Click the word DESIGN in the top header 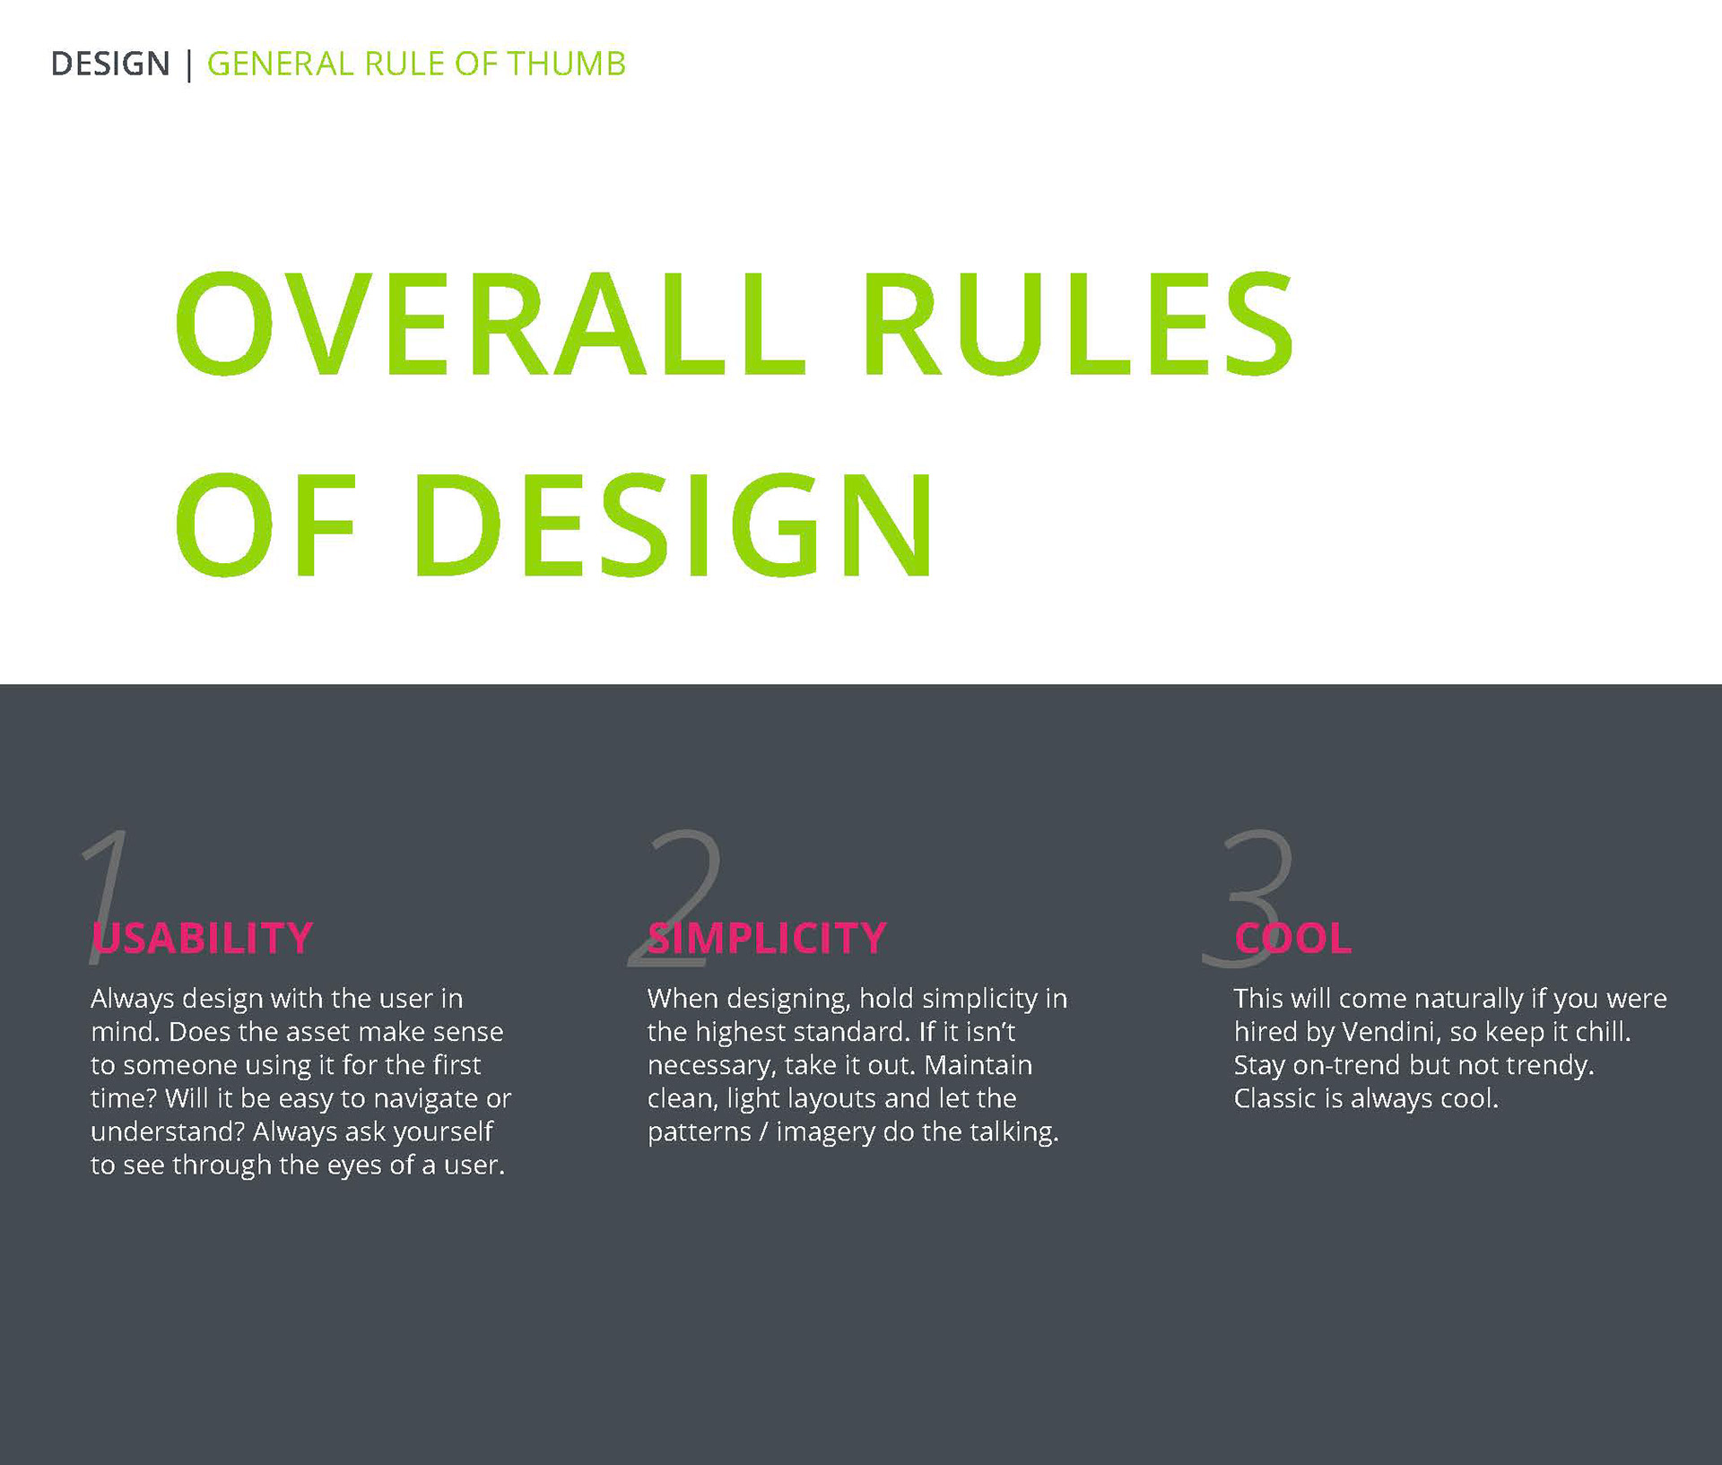point(110,64)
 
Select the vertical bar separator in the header point(188,65)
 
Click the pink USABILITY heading point(203,938)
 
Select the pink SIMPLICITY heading point(767,938)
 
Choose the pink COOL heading point(1292,938)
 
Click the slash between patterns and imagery point(763,1132)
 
